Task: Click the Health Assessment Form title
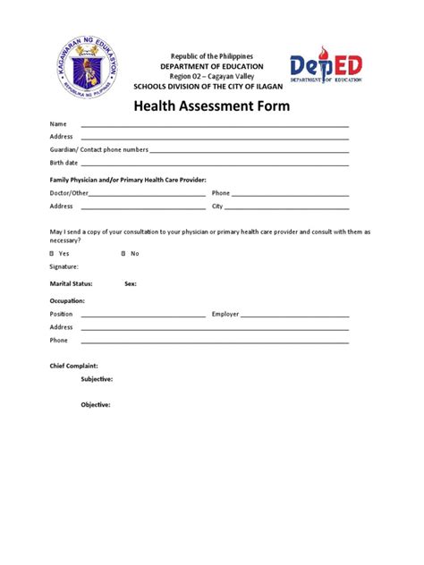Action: (212, 105)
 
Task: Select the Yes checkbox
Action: (52, 253)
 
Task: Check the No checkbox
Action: (123, 253)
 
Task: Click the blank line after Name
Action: (215, 126)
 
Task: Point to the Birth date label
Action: (64, 164)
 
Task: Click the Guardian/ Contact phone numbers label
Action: (98, 150)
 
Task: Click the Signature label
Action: (64, 266)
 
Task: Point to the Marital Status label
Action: (72, 283)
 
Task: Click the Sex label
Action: (131, 283)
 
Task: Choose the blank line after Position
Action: (143, 316)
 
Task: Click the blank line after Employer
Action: (294, 316)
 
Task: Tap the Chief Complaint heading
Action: (73, 366)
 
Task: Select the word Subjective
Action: (97, 379)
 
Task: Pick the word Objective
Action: (96, 405)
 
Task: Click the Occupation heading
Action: (67, 300)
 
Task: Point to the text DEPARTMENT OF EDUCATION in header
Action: (212, 66)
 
